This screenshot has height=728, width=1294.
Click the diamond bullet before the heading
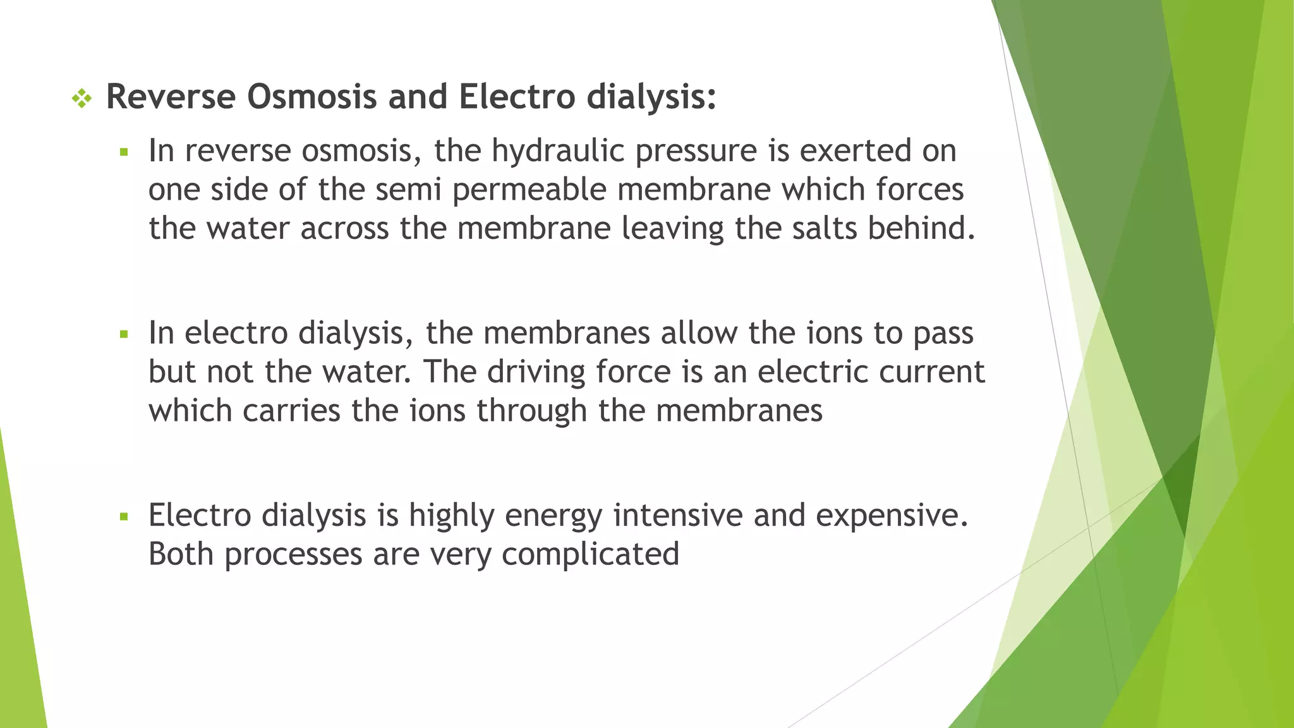click(82, 98)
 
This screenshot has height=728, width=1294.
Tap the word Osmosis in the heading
click(311, 97)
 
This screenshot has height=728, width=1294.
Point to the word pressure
click(696, 152)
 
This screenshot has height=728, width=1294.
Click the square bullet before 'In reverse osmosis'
click(124, 152)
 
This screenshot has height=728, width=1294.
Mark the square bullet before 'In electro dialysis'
click(124, 334)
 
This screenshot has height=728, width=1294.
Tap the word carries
click(291, 411)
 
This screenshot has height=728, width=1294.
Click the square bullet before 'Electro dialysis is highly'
click(124, 517)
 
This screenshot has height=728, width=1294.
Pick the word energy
click(553, 516)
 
